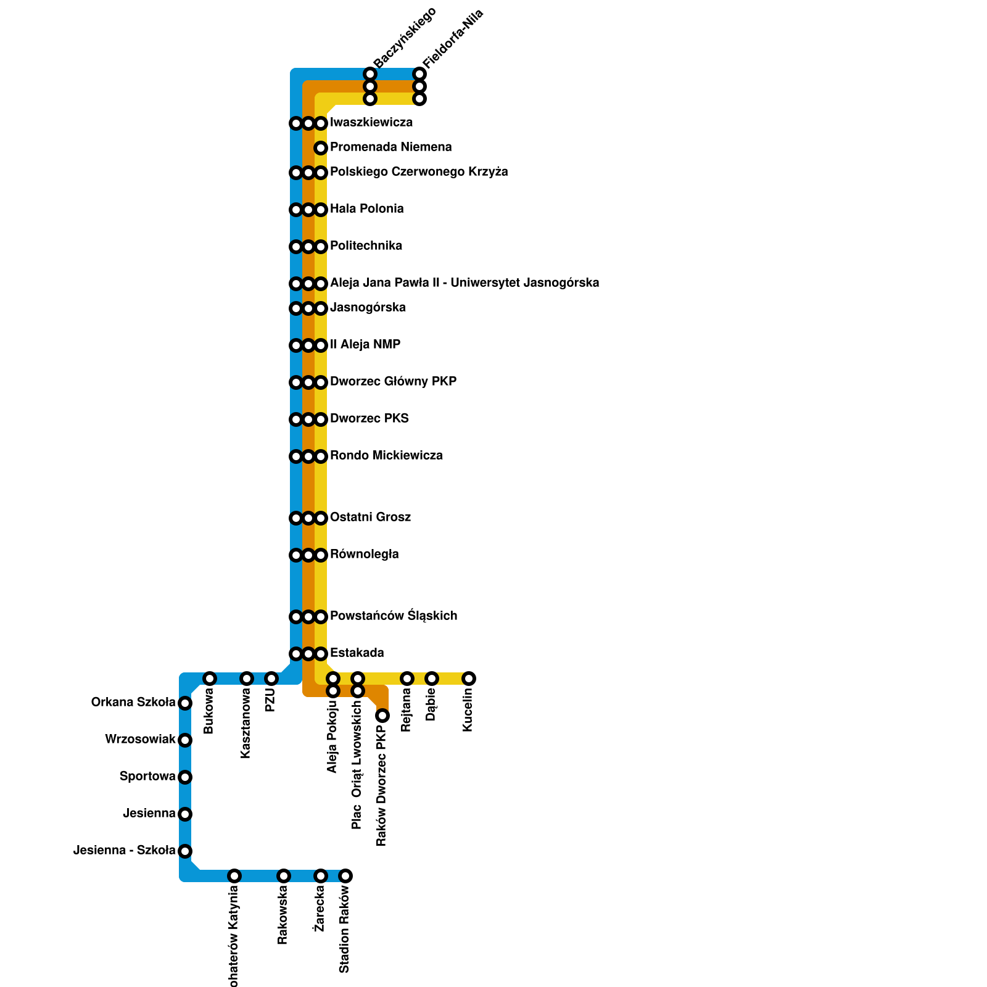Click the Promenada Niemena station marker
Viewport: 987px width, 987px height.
pos(321,148)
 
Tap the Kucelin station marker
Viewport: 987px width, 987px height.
pos(469,679)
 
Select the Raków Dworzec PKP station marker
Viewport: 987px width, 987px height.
pos(382,716)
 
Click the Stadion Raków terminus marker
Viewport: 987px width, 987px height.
pos(345,876)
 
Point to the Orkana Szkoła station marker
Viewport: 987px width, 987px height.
pos(185,703)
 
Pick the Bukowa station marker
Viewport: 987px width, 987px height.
pos(210,679)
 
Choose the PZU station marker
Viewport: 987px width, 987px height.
pos(271,679)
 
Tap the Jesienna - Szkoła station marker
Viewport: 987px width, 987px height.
pos(185,851)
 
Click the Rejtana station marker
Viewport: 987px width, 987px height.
pos(407,679)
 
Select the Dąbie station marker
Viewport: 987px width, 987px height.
pos(432,679)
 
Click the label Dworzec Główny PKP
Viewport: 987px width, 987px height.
pos(393,382)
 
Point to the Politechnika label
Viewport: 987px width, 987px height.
pos(366,246)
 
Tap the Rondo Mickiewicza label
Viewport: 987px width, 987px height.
pos(386,456)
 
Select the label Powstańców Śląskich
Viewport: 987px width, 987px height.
pos(394,616)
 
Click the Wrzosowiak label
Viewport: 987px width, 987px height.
pos(140,740)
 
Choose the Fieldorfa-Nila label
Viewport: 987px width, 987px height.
pos(453,38)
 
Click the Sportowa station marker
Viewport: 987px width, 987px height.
pos(185,777)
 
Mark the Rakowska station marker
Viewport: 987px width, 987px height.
pos(284,876)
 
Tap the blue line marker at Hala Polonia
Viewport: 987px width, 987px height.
pos(296,210)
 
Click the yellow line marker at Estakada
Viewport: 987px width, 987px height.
pos(321,654)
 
